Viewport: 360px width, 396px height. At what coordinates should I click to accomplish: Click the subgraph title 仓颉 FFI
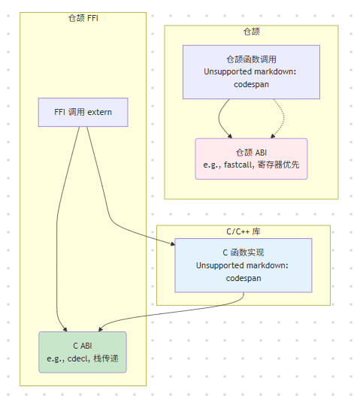(83, 18)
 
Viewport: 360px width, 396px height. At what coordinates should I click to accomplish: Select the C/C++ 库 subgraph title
(243, 231)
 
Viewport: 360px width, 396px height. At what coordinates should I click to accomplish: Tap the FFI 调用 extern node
(83, 113)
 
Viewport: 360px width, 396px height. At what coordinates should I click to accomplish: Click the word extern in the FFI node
(99, 113)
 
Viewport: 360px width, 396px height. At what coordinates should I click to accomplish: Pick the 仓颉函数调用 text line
(251, 59)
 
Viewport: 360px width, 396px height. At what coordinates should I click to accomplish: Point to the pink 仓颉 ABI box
(251, 159)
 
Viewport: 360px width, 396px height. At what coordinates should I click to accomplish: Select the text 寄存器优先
(279, 165)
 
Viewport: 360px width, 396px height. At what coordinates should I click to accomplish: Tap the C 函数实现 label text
(243, 252)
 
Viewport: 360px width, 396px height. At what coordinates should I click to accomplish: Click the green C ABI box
(83, 352)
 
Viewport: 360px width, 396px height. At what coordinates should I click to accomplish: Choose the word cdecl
(77, 358)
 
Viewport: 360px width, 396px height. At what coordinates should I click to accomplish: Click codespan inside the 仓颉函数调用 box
(251, 84)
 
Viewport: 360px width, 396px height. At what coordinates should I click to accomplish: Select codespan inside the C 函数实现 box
(243, 278)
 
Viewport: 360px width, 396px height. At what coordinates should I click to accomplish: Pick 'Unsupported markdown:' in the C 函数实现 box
(243, 265)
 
